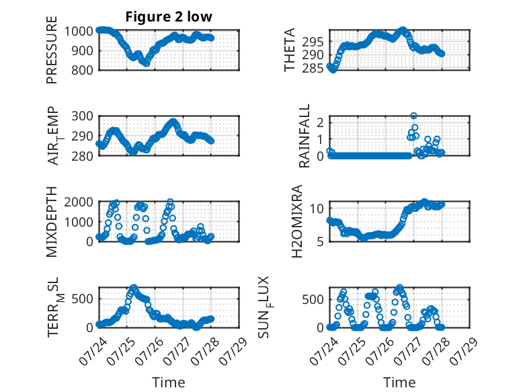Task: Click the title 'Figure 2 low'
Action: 169,17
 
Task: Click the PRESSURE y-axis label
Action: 52,50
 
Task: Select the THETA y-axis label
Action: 290,50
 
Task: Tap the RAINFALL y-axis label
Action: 305,136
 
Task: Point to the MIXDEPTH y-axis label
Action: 52,222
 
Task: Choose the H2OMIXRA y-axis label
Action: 296,221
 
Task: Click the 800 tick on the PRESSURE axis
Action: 82,71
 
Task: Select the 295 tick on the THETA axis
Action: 313,42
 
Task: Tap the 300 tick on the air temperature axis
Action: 82,116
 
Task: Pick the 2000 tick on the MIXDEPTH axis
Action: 79,202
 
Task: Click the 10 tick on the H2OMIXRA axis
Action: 317,209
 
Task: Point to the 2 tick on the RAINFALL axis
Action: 321,123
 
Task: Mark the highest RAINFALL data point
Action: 413,116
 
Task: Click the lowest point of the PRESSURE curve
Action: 146,63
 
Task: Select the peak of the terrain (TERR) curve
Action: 134,287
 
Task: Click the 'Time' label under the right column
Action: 399,383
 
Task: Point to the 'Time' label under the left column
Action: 169,383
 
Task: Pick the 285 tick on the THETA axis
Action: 313,69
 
